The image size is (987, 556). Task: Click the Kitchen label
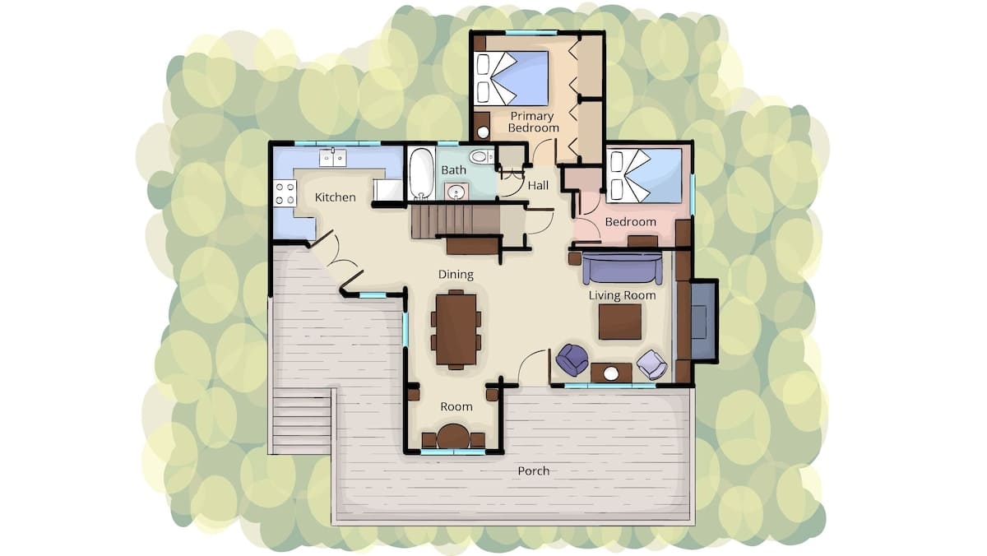click(335, 197)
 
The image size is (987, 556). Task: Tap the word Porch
click(534, 471)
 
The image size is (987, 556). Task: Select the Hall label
click(538, 186)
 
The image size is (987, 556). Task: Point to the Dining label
click(456, 275)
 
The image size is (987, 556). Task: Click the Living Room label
click(622, 295)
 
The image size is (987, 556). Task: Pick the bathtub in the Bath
click(421, 174)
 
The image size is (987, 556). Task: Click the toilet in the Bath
click(482, 156)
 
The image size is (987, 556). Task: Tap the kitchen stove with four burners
click(285, 193)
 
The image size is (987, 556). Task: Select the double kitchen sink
click(332, 157)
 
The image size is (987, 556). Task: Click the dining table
click(456, 330)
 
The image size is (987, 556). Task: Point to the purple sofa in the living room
click(622, 268)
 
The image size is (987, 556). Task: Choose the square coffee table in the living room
click(620, 322)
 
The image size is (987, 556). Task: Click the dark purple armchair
click(572, 359)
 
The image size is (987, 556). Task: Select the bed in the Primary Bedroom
click(511, 78)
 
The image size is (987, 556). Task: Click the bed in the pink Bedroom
click(644, 176)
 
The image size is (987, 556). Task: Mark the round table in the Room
click(453, 436)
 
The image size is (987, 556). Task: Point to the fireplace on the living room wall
click(702, 321)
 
